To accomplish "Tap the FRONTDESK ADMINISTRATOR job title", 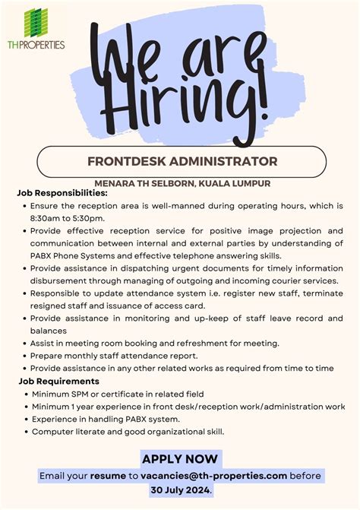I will (182, 161).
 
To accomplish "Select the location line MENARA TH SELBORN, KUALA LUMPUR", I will (182, 183).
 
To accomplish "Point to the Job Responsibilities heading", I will (62, 193).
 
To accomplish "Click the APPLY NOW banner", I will (180, 458).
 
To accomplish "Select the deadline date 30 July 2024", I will (180, 490).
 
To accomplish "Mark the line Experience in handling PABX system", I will (106, 420).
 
